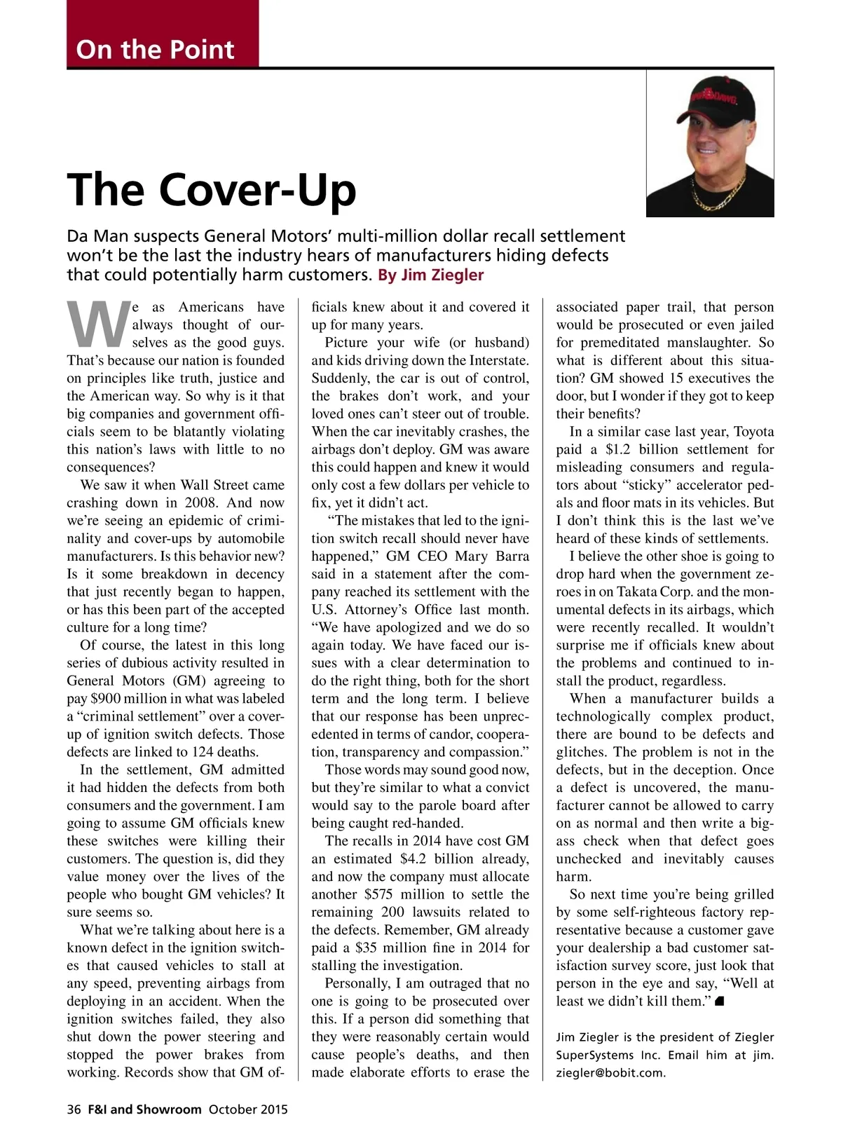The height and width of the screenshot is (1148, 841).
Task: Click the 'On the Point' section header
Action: click(155, 49)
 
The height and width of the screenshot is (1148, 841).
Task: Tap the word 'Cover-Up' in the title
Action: click(258, 190)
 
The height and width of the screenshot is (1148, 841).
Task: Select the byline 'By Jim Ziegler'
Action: click(430, 275)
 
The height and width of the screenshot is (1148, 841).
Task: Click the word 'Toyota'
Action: click(753, 432)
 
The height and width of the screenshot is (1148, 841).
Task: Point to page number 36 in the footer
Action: click(74, 1109)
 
